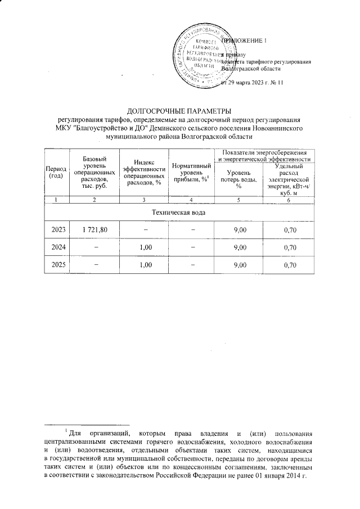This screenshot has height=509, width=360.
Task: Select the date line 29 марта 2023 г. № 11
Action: (253, 83)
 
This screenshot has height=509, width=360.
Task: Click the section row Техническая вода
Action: (179, 213)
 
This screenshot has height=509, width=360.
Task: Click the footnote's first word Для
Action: (75, 433)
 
